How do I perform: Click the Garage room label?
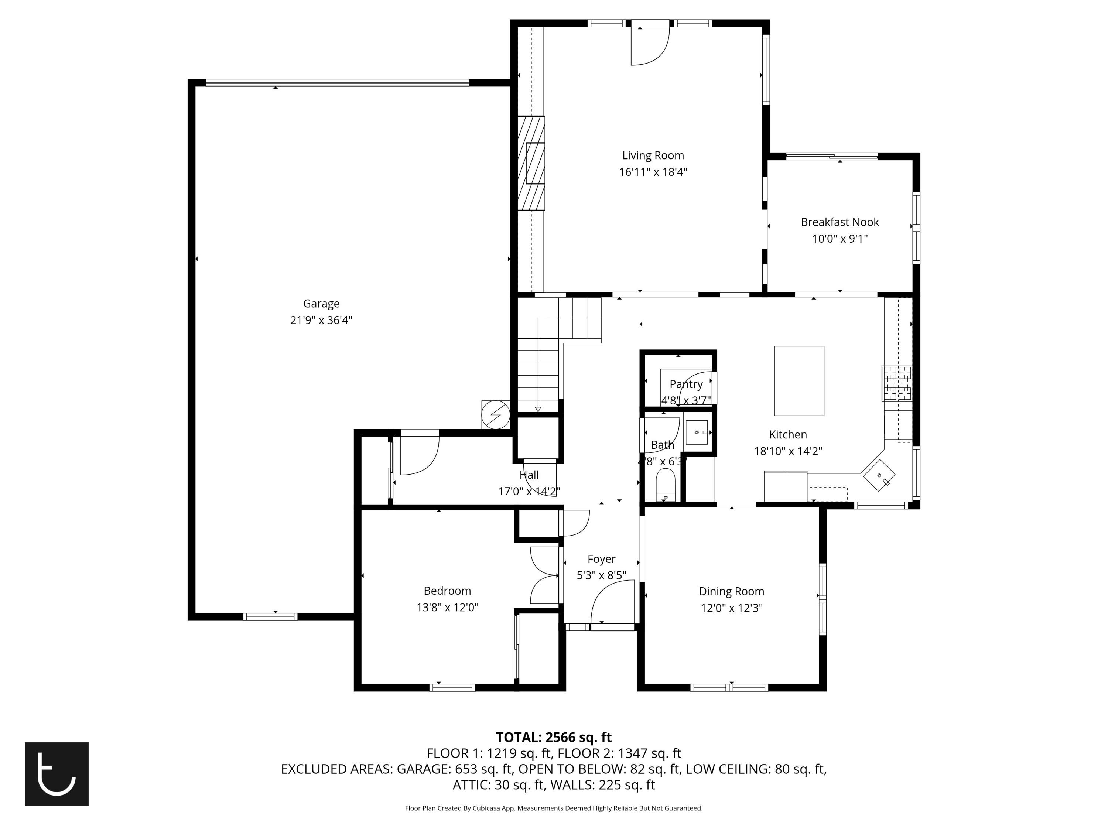(x=321, y=304)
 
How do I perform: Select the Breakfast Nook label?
(x=839, y=222)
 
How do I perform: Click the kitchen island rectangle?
(x=799, y=381)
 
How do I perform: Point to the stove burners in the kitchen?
(x=897, y=383)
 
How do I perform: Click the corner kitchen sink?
(x=879, y=476)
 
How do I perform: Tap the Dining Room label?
(x=731, y=592)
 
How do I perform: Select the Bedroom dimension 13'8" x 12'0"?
(x=447, y=608)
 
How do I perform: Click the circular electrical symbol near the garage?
(x=495, y=415)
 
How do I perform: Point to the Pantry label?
(x=686, y=384)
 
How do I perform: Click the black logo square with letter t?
(x=57, y=774)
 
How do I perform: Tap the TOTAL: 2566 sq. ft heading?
(x=554, y=737)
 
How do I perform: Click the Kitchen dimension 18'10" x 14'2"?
(x=788, y=451)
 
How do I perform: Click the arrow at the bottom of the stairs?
(x=537, y=409)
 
